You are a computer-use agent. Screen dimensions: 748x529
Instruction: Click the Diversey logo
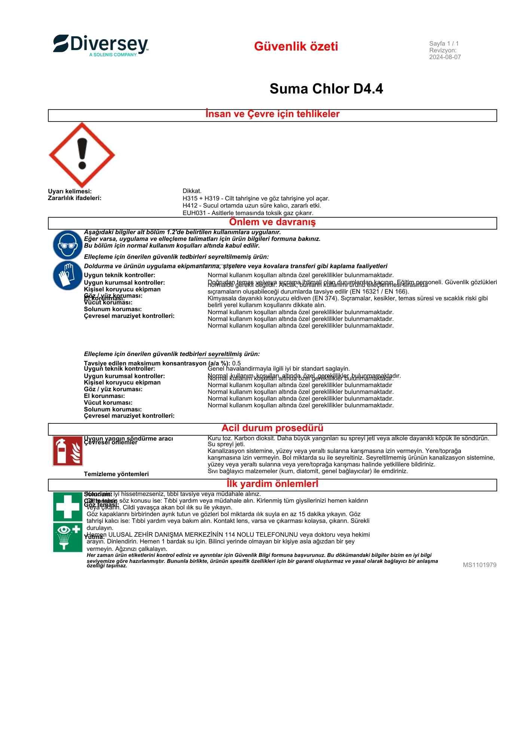coord(101,46)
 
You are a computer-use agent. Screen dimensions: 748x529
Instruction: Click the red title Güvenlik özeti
coord(296,46)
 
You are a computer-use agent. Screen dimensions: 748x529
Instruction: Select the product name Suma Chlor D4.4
coord(326,89)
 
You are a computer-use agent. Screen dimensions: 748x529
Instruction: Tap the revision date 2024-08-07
coord(445,57)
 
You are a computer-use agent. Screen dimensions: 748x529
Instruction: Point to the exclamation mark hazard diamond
coord(82,155)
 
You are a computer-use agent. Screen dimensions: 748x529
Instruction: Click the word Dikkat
coord(192,191)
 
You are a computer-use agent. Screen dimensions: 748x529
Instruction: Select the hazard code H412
coord(190,206)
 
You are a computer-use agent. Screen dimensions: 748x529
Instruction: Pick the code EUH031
coord(193,213)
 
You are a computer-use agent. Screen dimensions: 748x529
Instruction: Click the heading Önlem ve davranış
coord(272,222)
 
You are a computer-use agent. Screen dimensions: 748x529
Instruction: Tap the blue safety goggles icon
coord(68,245)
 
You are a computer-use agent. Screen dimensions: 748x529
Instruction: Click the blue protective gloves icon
coord(68,275)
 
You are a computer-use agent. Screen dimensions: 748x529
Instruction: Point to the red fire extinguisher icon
coord(68,451)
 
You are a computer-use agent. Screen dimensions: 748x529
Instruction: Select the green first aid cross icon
coord(68,506)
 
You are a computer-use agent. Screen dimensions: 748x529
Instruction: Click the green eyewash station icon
coord(68,537)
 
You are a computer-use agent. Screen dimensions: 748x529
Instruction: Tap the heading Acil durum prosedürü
coord(272,428)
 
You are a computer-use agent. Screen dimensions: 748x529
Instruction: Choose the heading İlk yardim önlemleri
coord(272,484)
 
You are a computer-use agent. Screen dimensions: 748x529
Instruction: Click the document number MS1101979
coord(480,565)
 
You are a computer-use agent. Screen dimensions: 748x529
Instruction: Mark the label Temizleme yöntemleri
coord(116,474)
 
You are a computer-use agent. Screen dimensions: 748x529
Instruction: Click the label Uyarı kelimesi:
coord(70,191)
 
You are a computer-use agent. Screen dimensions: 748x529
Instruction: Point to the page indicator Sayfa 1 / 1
coord(444,44)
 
